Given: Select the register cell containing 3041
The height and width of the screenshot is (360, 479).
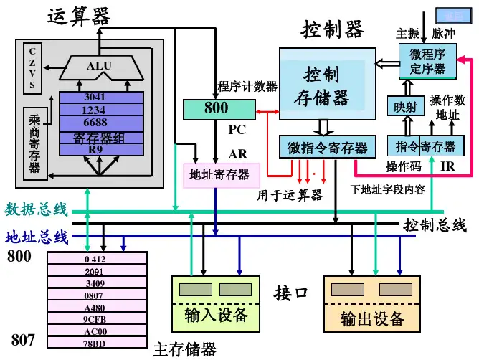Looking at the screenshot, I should [x=95, y=98].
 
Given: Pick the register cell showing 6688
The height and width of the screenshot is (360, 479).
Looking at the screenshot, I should [x=95, y=122].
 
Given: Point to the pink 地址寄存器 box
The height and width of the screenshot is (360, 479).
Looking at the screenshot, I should [x=219, y=174].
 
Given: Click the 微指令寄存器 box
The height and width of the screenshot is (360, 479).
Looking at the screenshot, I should [x=327, y=147].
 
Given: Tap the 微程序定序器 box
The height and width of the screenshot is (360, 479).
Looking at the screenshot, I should [x=427, y=62].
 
